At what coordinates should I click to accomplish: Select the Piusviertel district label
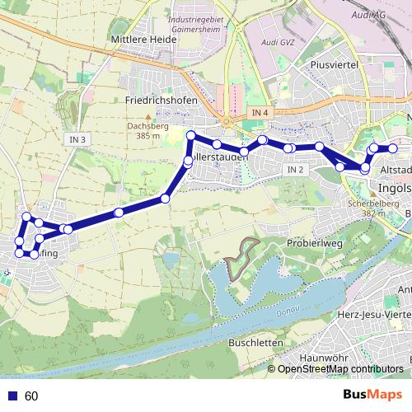(x=332, y=63)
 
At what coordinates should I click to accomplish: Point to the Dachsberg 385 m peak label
(x=149, y=130)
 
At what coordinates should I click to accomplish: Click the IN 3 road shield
(x=77, y=140)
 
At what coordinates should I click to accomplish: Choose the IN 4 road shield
(x=261, y=112)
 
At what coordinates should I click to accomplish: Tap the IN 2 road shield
(x=297, y=169)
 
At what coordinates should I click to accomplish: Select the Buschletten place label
(x=255, y=342)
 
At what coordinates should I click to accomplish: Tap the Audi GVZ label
(x=277, y=42)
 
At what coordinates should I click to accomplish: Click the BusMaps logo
(x=372, y=396)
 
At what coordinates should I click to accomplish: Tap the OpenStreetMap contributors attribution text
(x=340, y=370)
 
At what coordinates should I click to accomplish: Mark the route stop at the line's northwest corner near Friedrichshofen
(x=190, y=135)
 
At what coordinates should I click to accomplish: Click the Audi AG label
(x=368, y=15)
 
